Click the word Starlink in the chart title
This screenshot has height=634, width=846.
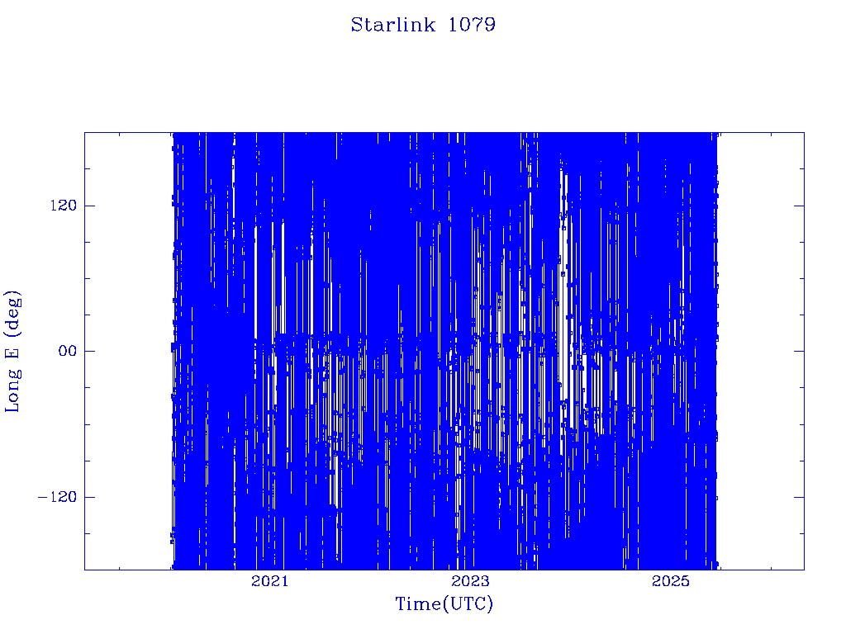392,24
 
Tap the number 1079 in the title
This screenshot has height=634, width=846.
472,24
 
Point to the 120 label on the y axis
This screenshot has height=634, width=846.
64,206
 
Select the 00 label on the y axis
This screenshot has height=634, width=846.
68,351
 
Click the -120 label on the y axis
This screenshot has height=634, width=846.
58,496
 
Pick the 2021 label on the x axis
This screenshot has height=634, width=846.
270,581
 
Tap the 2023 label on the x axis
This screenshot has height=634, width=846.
470,581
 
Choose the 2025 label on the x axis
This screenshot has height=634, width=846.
671,581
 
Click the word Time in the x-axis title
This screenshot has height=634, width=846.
419,603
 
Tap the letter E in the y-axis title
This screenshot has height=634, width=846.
12,352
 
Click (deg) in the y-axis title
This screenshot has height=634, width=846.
12,315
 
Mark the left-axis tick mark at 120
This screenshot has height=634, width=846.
89,206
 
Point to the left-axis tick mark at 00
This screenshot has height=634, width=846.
89,351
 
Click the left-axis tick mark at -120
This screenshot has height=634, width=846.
89,496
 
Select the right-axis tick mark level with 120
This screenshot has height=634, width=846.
799,206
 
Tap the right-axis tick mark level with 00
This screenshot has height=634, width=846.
799,351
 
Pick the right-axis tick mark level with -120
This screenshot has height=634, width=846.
799,496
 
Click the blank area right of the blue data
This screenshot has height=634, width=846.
761,350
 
